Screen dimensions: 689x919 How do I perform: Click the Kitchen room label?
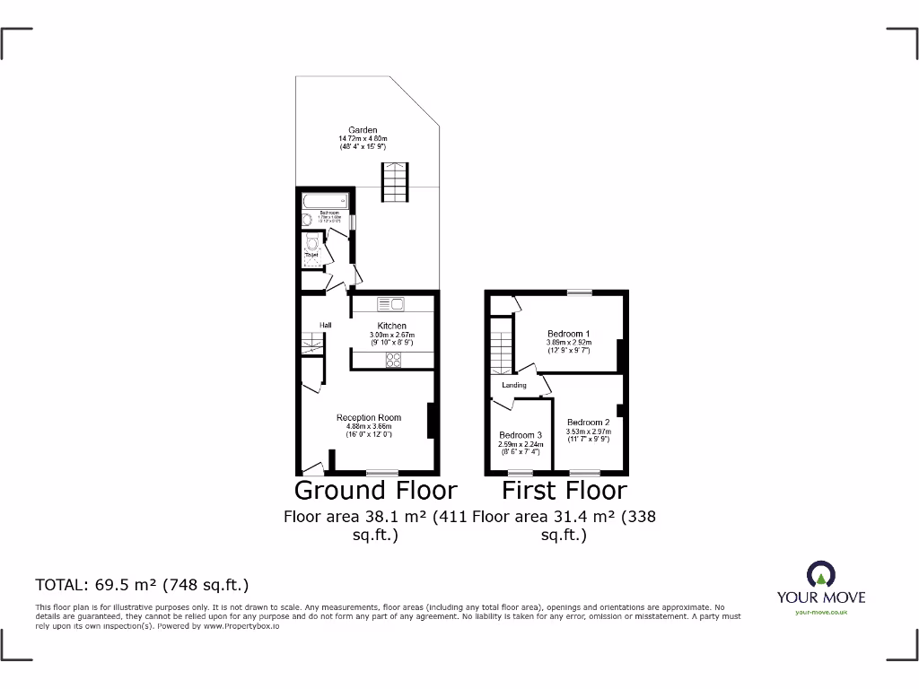click(x=391, y=326)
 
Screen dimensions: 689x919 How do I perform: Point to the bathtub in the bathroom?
click(x=325, y=200)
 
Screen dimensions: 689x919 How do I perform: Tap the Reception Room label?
click(x=369, y=417)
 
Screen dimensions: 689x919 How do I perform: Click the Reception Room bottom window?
click(x=382, y=472)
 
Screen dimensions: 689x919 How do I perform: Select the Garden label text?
click(x=363, y=130)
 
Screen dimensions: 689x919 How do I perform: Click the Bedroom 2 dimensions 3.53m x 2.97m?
click(x=588, y=432)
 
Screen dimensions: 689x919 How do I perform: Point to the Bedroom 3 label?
click(x=521, y=435)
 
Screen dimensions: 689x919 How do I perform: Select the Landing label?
click(x=513, y=385)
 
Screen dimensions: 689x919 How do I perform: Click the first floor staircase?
click(x=501, y=350)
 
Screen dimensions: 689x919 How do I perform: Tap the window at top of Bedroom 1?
click(x=579, y=292)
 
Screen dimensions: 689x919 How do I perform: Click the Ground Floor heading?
click(x=375, y=491)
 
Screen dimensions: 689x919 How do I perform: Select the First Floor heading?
click(x=564, y=491)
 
